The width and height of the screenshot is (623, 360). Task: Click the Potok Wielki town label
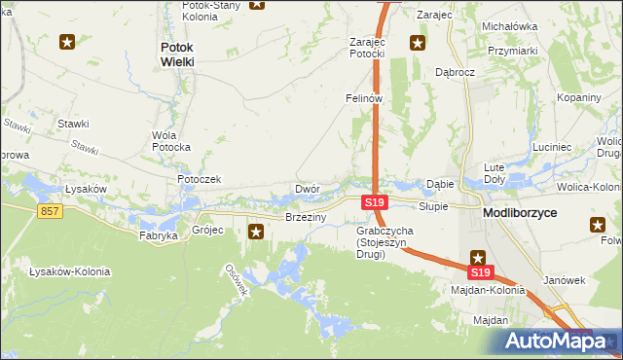(x=177, y=54)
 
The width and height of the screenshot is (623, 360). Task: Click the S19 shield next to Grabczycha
(x=375, y=202)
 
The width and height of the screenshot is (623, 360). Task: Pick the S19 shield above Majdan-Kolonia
(x=482, y=273)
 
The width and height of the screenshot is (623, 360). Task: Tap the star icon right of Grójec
(x=257, y=232)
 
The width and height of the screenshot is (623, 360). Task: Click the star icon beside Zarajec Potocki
(x=418, y=42)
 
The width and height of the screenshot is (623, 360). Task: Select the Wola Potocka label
(x=171, y=141)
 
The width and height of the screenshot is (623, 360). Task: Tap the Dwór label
(x=308, y=189)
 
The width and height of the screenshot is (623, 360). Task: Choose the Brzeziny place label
(x=305, y=217)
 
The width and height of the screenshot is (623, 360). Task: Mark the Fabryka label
(x=159, y=235)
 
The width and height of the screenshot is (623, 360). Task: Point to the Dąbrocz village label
(x=455, y=72)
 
